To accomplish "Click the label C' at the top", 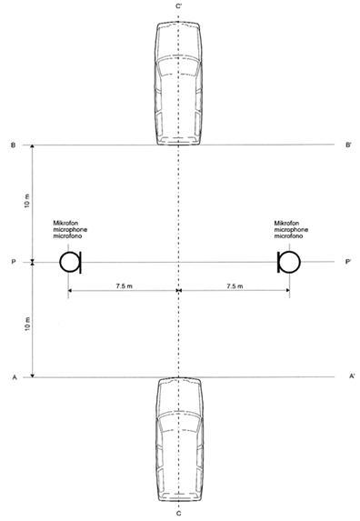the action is point(179,6).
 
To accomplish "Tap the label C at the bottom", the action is point(179,514).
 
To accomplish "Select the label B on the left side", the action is point(14,145).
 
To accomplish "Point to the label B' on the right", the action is point(348,145).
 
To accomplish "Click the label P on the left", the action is point(14,262).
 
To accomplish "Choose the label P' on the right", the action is point(347,262).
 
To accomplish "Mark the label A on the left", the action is point(15,377).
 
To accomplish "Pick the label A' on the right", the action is point(352,376).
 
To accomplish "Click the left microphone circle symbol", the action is point(60,262).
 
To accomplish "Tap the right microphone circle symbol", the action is point(300,262).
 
